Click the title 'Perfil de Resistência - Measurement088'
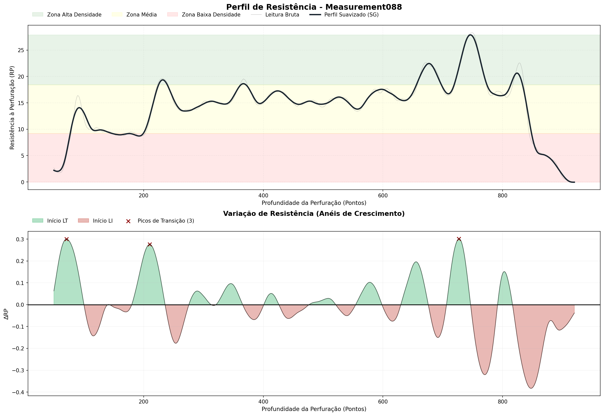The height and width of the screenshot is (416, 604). [x=314, y=7]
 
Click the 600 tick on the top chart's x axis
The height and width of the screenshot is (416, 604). [x=383, y=195]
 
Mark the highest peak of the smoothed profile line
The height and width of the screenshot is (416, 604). [x=470, y=35]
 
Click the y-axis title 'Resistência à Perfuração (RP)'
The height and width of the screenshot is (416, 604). [x=12, y=108]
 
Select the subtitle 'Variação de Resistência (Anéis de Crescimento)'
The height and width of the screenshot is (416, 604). [x=314, y=214]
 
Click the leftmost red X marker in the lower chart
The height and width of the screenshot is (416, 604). [x=66, y=239]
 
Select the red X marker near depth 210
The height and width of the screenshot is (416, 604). [x=150, y=245]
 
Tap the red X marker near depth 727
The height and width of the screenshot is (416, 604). [x=459, y=239]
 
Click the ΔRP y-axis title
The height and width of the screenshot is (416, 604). [x=6, y=314]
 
